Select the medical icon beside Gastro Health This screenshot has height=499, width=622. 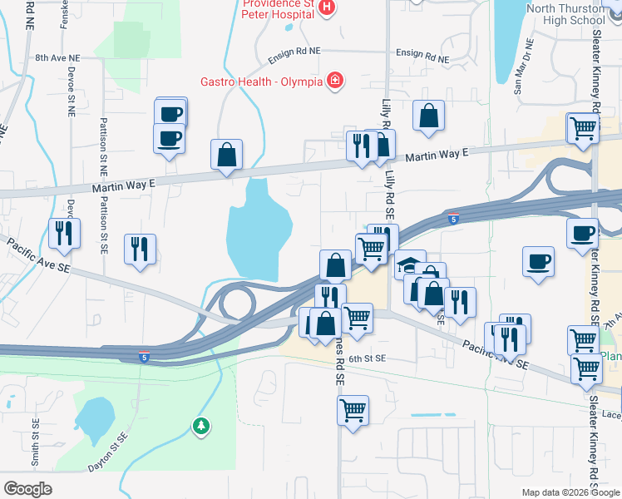pyautogui.click(x=334, y=80)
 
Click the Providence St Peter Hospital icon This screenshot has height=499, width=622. pyautogui.click(x=327, y=8)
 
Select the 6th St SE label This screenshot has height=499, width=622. pyautogui.click(x=368, y=358)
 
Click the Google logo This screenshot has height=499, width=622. pyautogui.click(x=28, y=489)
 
